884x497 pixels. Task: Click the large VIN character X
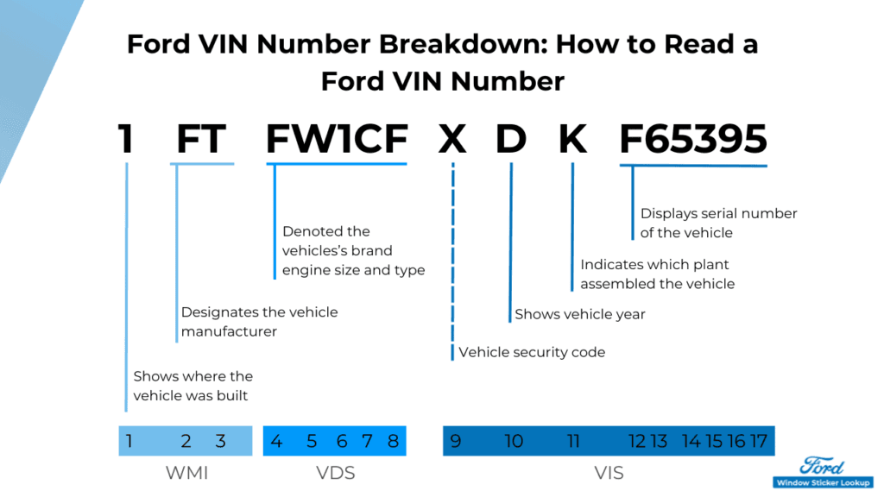pyautogui.click(x=452, y=138)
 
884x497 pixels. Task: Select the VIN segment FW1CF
pyautogui.click(x=336, y=138)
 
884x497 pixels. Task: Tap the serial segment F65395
pyautogui.click(x=693, y=138)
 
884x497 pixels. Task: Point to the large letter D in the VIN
pyautogui.click(x=510, y=138)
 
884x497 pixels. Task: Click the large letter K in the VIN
pyautogui.click(x=572, y=138)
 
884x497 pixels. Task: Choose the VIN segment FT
pyautogui.click(x=201, y=138)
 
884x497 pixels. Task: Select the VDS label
pyautogui.click(x=335, y=473)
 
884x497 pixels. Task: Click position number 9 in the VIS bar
pyautogui.click(x=455, y=441)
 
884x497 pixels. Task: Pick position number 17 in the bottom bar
pyautogui.click(x=758, y=441)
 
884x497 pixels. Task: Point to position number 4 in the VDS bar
pyautogui.click(x=276, y=441)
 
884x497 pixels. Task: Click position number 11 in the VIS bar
pyautogui.click(x=573, y=441)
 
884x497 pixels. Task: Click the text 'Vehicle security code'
pyautogui.click(x=532, y=352)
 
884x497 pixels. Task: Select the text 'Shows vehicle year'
pyautogui.click(x=580, y=314)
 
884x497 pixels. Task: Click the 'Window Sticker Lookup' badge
pyautogui.click(x=822, y=482)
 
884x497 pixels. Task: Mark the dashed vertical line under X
pyautogui.click(x=452, y=259)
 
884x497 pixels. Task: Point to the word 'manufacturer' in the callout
pyautogui.click(x=229, y=331)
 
